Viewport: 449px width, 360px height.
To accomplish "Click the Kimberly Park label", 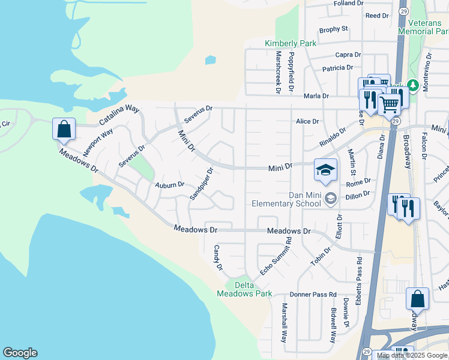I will coord(291,44).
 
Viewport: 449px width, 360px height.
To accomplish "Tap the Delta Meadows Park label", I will coord(244,289).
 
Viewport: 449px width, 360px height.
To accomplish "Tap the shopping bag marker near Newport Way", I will coord(64,129).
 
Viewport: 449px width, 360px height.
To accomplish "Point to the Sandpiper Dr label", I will coord(202,184).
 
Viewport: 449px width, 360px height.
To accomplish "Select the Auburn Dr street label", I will coord(169,185).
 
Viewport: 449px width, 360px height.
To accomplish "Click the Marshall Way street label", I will coord(285,322).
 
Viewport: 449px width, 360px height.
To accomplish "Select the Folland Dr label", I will coord(349,3).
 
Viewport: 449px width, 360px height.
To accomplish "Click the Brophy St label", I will coord(334,29).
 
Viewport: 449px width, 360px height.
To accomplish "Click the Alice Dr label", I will coord(307,121).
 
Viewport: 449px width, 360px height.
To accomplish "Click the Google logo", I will coord(20,353).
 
